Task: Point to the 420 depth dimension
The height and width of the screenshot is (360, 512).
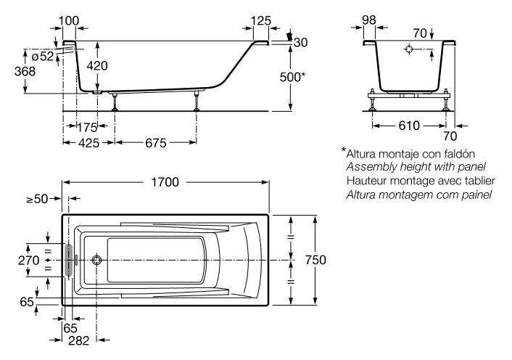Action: tap(97, 66)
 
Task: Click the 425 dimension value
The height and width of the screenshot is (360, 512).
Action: tap(88, 143)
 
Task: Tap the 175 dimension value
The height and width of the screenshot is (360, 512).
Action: tap(87, 127)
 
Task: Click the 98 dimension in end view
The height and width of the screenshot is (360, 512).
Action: tap(368, 21)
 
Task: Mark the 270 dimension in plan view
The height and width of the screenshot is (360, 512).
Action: tap(28, 259)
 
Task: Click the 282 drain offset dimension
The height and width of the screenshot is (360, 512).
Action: tap(80, 340)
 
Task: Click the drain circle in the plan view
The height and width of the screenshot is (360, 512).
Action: tap(97, 259)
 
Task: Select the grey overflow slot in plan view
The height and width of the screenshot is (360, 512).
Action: tap(70, 259)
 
